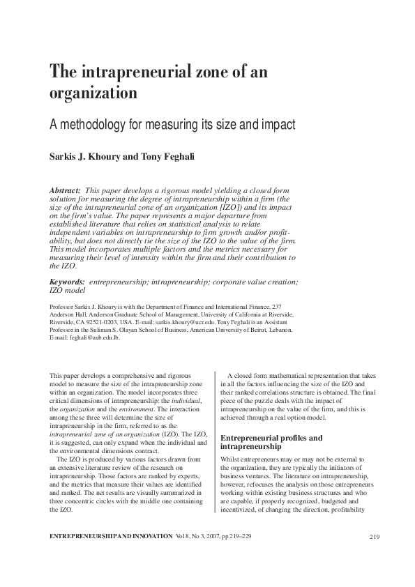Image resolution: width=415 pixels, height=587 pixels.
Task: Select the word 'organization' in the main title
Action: [x=92, y=93]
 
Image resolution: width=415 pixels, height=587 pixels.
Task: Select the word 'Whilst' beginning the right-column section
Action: [x=230, y=460]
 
